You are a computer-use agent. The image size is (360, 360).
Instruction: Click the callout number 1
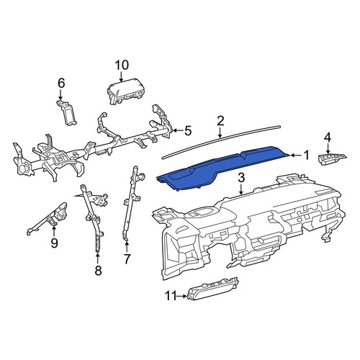coord(305,156)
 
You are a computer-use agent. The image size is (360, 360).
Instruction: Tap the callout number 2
coord(220,121)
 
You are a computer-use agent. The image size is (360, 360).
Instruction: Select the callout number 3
coord(241,178)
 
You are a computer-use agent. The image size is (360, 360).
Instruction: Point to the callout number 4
coord(328,138)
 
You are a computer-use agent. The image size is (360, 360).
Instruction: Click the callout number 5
coord(188,131)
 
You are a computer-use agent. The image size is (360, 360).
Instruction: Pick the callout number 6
coord(61,84)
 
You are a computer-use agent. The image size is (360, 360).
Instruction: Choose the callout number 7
coord(127,259)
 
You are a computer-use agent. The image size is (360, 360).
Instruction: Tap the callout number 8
coord(98,271)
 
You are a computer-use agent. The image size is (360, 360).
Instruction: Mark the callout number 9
coord(54,243)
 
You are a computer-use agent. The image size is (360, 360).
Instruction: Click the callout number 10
coord(122,65)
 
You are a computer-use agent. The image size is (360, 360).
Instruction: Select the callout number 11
coord(171,296)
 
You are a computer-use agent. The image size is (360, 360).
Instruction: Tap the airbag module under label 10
coord(125,91)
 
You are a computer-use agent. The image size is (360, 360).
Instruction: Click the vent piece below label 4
coord(333,158)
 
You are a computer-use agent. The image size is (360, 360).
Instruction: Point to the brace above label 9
coord(47,217)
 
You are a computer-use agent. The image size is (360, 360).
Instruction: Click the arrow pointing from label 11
coord(182,297)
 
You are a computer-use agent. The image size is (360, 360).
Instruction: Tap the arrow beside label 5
coord(178,130)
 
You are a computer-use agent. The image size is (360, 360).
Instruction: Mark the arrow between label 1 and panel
coord(295,156)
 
